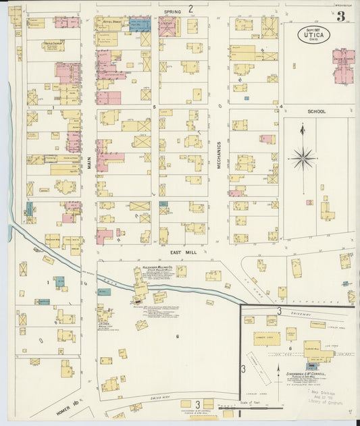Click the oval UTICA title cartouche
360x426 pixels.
pos(315,35)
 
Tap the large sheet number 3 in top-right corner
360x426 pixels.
pos(342,17)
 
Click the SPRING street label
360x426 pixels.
pos(174,11)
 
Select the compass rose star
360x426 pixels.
pos(303,158)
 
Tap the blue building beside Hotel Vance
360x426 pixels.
pos(139,26)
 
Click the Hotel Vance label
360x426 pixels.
pos(111,21)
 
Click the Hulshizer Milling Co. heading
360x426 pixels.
pos(140,268)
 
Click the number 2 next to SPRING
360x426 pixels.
pos(191,9)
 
